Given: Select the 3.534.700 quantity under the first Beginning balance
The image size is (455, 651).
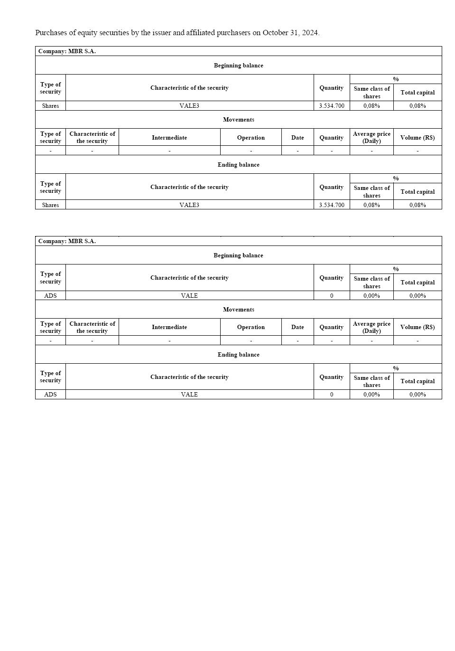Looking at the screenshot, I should click(332, 106).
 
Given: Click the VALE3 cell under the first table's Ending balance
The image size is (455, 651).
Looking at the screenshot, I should click(189, 205).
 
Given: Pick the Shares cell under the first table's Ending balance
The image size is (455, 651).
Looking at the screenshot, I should click(50, 205).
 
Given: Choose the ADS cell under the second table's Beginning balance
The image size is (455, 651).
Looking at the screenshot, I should click(50, 296).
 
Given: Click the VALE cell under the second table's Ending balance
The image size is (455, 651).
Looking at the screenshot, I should click(189, 395).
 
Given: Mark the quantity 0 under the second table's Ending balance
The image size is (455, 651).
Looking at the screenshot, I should click(332, 395).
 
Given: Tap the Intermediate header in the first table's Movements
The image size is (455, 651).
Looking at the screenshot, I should click(169, 138).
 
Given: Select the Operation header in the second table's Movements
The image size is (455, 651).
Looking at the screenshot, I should click(251, 327).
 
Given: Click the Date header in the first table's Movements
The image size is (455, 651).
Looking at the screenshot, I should click(297, 138).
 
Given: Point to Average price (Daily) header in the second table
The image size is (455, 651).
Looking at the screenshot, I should click(371, 327).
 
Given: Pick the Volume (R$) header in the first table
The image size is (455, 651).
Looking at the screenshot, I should click(418, 138).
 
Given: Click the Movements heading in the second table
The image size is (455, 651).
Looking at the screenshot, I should click(239, 310).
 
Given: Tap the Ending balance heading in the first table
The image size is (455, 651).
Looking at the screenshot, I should click(239, 165).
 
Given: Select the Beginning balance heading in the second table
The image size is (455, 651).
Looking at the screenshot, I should click(238, 255).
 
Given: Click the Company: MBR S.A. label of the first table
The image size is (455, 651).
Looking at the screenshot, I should click(67, 51).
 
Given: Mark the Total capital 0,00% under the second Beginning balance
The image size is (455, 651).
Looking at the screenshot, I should click(418, 296).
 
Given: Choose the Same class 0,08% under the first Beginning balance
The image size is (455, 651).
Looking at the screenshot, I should click(371, 106).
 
